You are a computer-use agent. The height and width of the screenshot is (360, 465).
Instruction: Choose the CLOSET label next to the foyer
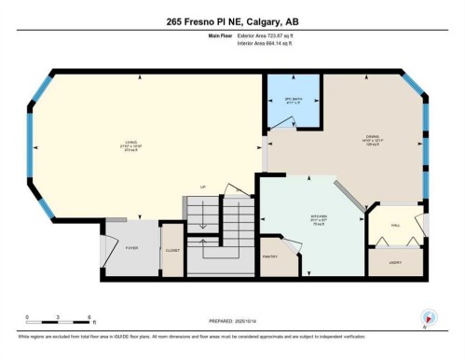(x=172, y=250)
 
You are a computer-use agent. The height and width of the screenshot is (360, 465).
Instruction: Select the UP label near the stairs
(x=202, y=187)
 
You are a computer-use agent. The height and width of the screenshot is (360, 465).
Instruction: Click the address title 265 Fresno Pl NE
(x=232, y=21)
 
